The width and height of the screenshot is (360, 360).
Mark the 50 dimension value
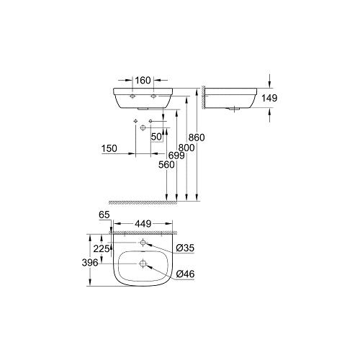(156, 136)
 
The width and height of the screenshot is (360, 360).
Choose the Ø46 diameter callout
(185, 274)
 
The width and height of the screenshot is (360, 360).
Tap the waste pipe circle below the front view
(143, 127)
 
